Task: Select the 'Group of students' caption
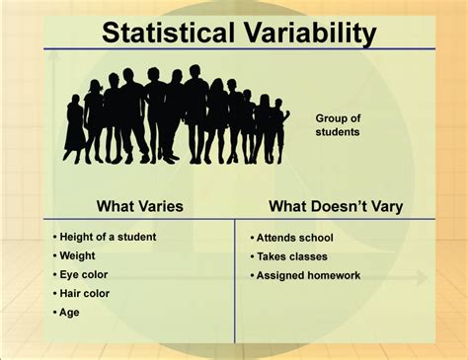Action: point(338,125)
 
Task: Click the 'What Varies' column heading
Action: point(139,206)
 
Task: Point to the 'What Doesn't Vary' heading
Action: point(335,206)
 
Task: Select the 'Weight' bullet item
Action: point(77,255)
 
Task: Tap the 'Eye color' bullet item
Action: point(83,274)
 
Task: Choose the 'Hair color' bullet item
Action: point(85,293)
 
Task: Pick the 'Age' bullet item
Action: point(70,312)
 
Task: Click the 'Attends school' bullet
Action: point(294,238)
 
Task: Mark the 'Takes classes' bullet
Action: point(293,256)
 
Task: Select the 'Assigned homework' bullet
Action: point(308,275)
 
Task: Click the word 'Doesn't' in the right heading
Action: point(340,206)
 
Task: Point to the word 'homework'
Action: point(332,275)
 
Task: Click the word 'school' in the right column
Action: point(316,238)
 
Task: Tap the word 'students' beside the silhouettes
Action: point(338,132)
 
